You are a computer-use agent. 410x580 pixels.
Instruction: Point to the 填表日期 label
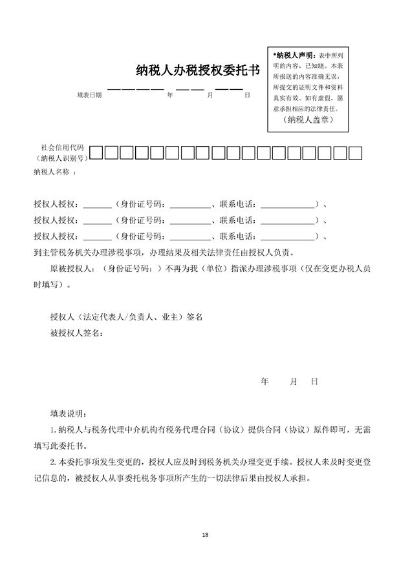(x=89, y=95)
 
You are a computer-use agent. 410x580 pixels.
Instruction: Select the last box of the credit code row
(x=355, y=153)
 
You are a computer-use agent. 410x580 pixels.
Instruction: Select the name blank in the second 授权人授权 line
(x=98, y=220)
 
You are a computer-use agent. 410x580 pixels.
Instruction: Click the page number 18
(x=205, y=535)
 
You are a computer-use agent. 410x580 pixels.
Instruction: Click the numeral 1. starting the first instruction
(x=54, y=430)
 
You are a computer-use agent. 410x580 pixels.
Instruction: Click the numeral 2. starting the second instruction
(x=54, y=462)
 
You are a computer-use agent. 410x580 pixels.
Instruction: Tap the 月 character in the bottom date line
(x=294, y=382)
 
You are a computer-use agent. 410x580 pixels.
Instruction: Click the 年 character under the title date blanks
(x=170, y=95)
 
